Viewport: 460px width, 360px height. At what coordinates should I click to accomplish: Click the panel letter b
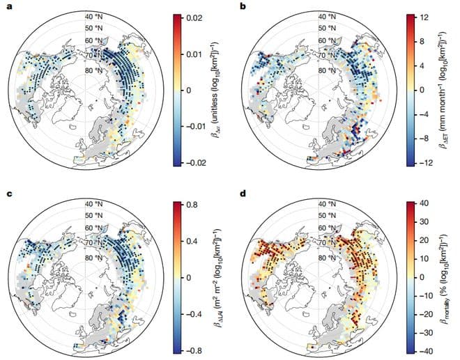(242, 6)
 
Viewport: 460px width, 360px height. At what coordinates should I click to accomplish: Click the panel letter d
(242, 192)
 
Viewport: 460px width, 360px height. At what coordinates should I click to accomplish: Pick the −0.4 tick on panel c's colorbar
(194, 313)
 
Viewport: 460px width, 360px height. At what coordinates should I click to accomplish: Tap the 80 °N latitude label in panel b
(325, 69)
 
